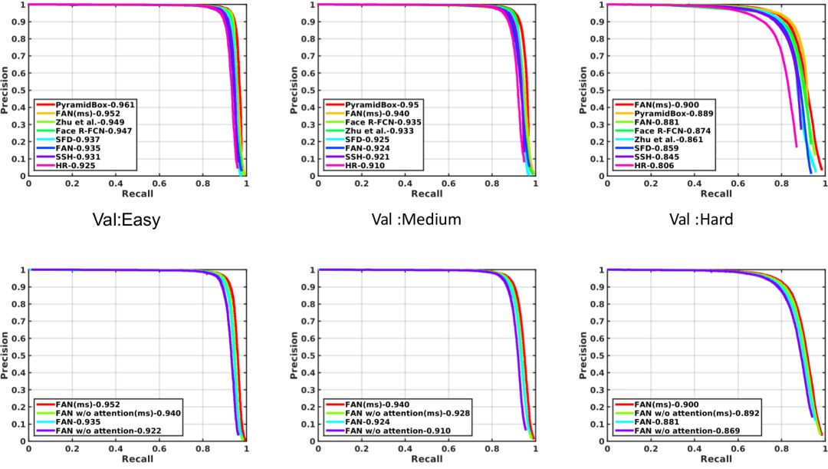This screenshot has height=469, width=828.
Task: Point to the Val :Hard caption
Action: coord(701,220)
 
